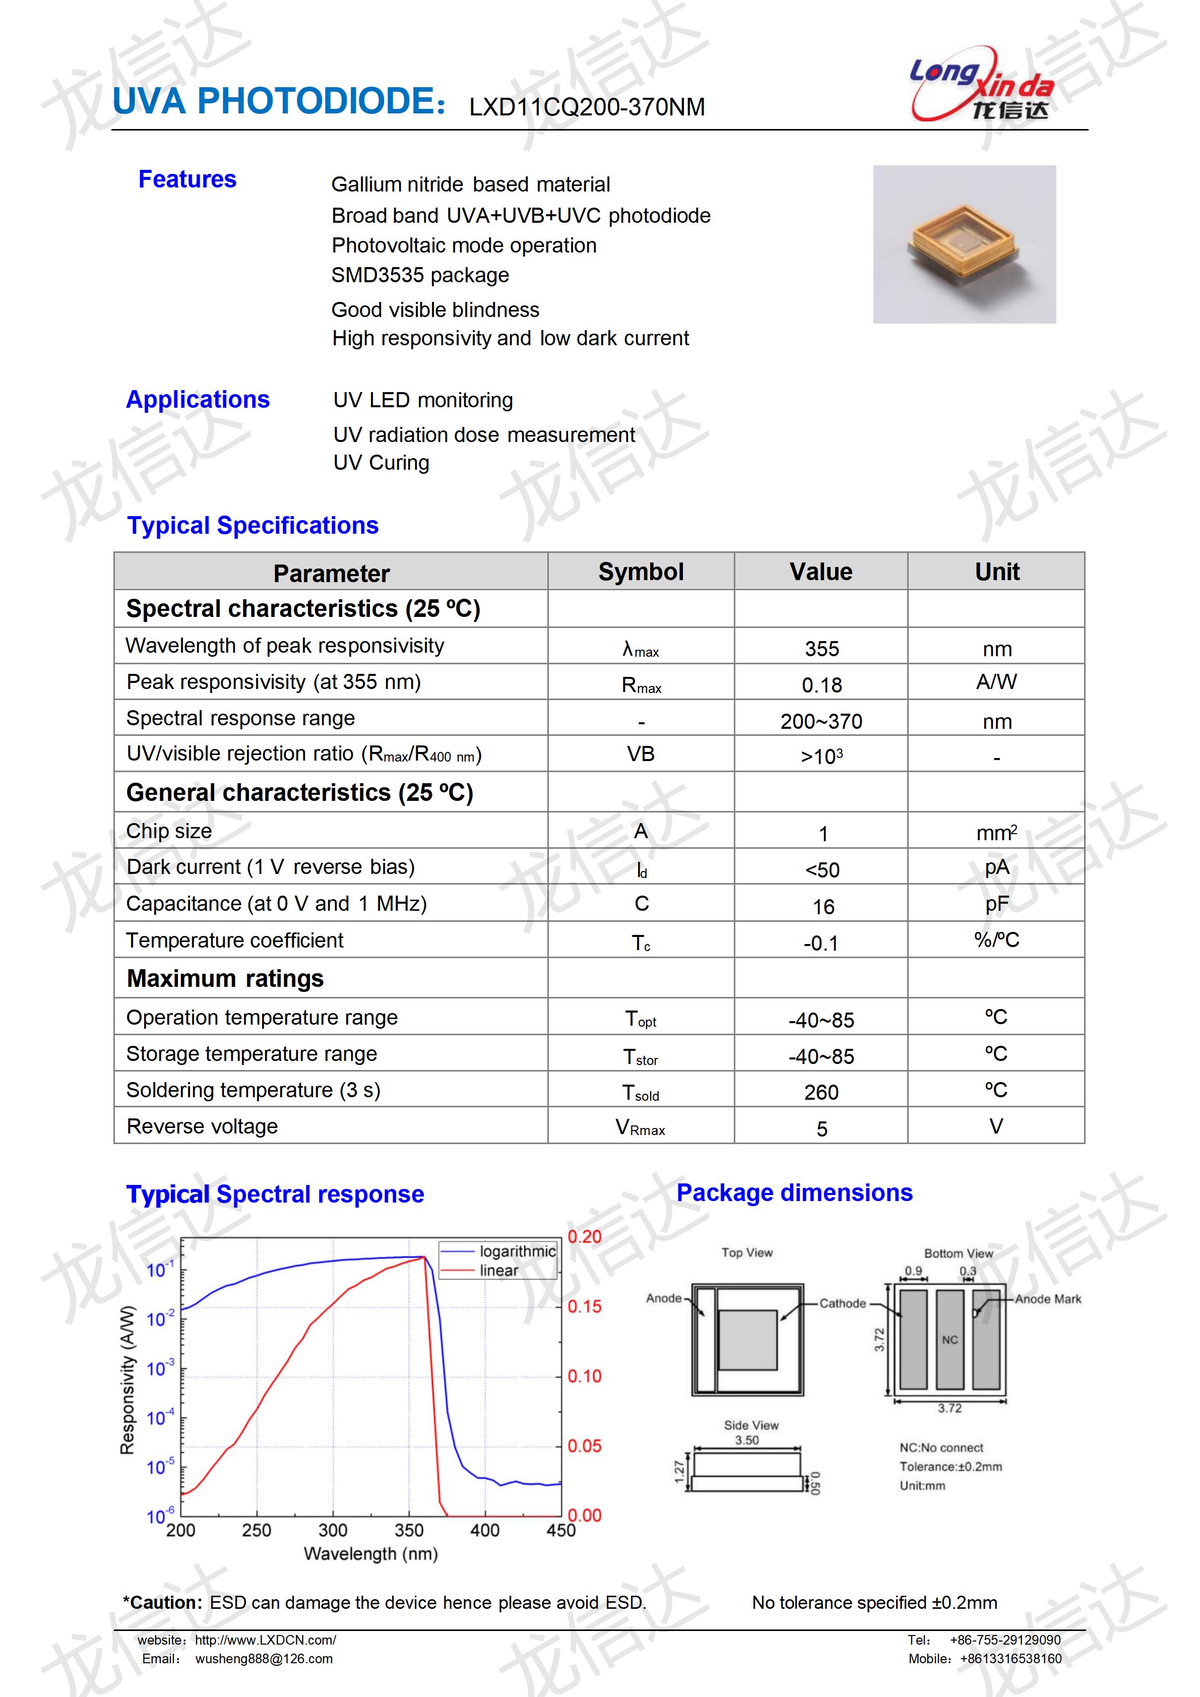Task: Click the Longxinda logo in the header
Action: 981,89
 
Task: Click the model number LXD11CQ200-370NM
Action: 587,107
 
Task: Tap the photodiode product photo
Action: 964,244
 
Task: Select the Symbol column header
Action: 640,572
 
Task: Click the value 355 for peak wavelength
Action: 821,649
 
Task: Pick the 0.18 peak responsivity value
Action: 821,685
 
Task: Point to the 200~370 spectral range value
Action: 821,721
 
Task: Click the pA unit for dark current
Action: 996,867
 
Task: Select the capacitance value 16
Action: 823,907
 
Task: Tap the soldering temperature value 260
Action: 821,1092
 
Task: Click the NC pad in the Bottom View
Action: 950,1339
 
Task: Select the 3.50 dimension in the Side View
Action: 746,1440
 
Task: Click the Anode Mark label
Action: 1047,1299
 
